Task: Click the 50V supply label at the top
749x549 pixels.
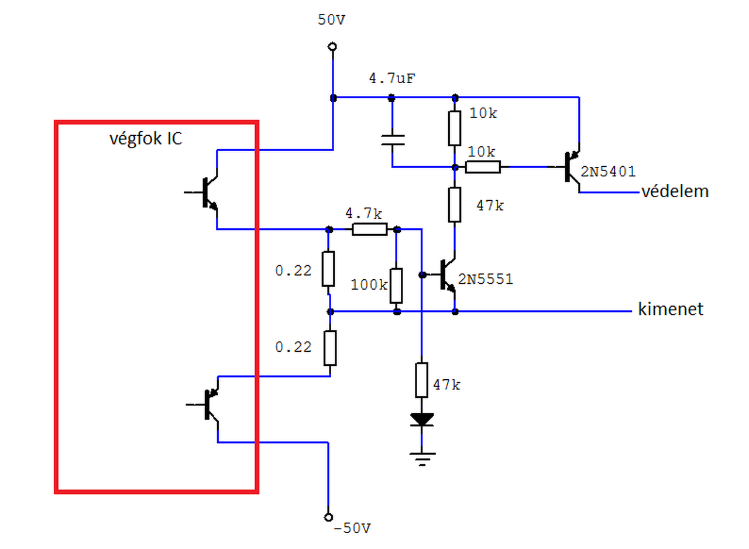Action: click(331, 20)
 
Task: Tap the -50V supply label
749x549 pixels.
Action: click(352, 529)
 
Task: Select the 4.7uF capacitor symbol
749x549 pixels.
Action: click(393, 140)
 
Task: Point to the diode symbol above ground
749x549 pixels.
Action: click(422, 420)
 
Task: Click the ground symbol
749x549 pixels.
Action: click(422, 459)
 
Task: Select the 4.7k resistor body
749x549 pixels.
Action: click(369, 229)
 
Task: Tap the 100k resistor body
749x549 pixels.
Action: click(396, 286)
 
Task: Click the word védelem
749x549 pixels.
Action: click(675, 191)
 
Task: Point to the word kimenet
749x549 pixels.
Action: click(671, 309)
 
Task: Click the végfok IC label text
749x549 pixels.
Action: click(146, 138)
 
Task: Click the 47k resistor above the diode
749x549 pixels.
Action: click(422, 380)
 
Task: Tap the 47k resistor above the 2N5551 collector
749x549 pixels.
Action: click(455, 205)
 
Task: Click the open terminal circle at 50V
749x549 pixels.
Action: click(332, 46)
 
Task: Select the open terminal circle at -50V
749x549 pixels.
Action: click(328, 517)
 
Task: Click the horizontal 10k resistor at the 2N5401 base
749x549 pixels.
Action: click(483, 167)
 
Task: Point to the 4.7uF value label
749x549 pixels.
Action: click(392, 78)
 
